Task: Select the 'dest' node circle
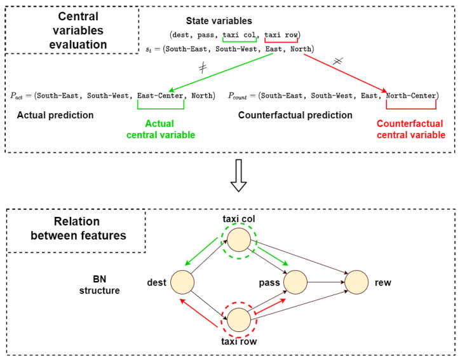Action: pyautogui.click(x=181, y=280)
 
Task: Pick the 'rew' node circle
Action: pyautogui.click(x=356, y=280)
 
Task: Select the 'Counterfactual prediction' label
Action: pyautogui.click(x=295, y=116)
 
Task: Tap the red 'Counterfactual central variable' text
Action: pyautogui.click(x=410, y=129)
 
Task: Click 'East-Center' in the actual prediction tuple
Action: pyautogui.click(x=160, y=96)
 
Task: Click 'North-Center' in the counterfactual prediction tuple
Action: pyautogui.click(x=410, y=96)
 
